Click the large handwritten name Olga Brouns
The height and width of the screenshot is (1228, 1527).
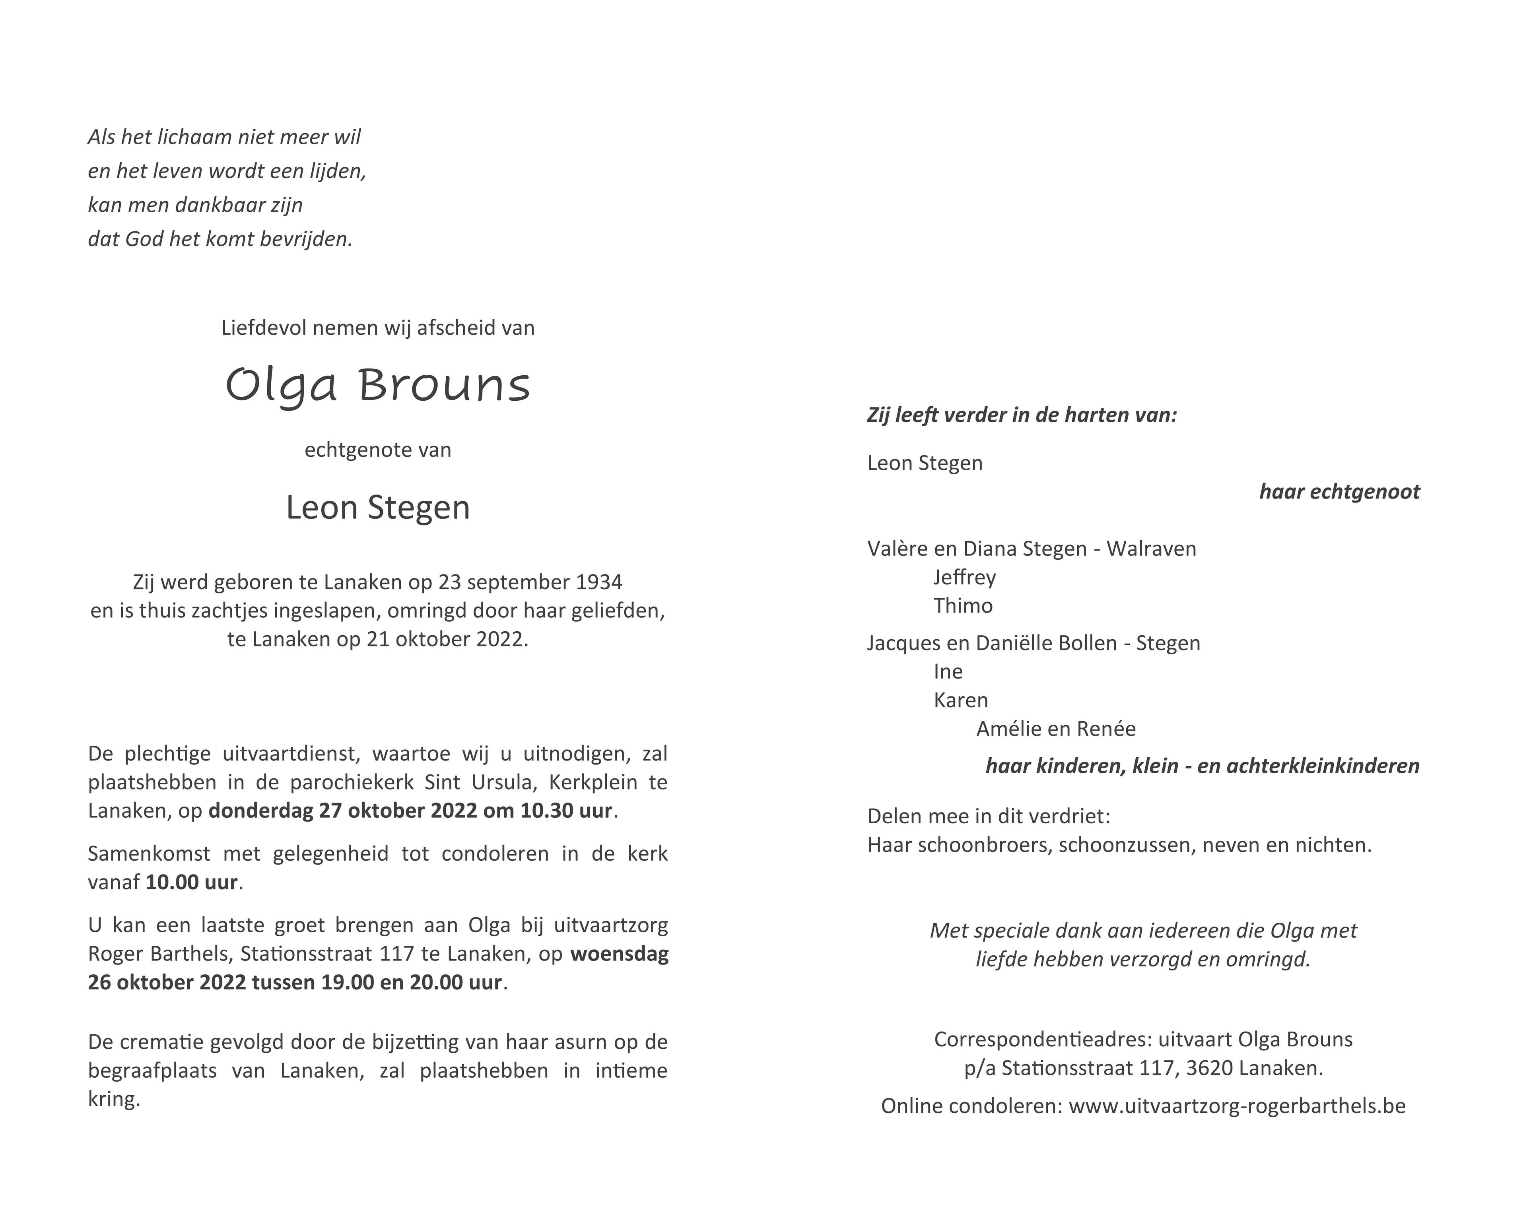tap(377, 386)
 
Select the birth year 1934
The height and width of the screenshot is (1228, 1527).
tap(599, 582)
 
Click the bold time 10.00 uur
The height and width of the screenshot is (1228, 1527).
tap(191, 883)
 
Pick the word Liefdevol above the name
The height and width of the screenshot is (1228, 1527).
tap(264, 328)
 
